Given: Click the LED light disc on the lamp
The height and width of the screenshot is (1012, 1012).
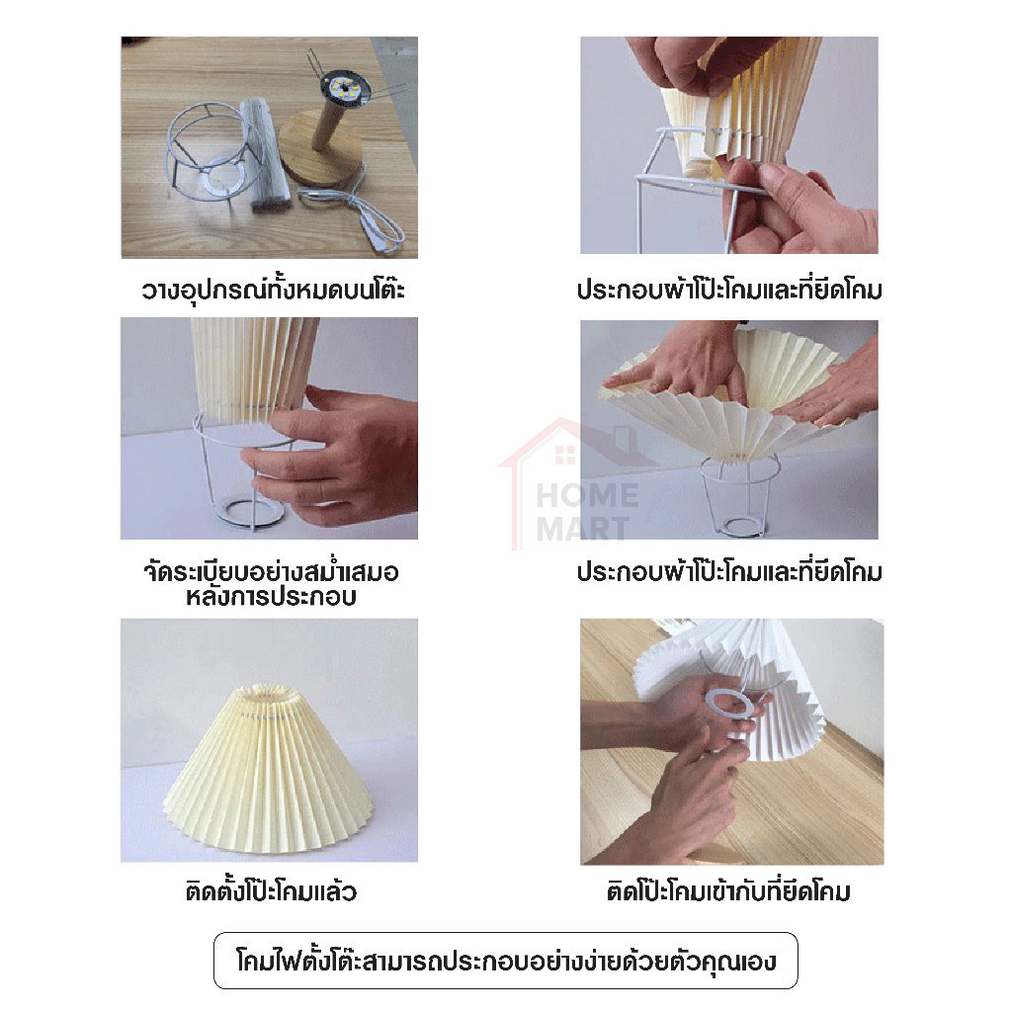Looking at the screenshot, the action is pos(343,88).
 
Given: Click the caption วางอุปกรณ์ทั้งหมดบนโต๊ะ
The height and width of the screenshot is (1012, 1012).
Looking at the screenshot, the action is pos(273,290).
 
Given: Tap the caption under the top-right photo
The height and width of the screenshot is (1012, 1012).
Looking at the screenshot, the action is pos(729,290).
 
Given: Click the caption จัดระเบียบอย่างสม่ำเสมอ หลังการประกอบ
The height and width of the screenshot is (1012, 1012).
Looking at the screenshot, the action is pos(271,584).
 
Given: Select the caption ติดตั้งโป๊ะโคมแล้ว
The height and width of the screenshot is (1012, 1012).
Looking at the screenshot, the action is pos(271,891).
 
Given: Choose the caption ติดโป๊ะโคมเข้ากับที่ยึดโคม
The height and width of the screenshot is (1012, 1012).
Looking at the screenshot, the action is pos(728,891).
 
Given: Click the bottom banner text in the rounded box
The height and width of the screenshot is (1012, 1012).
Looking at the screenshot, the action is pos(506,961).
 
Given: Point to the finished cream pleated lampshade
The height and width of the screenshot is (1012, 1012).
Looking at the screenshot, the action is pos(270,768).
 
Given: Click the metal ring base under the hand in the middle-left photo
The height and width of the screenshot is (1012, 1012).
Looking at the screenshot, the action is pos(250,509).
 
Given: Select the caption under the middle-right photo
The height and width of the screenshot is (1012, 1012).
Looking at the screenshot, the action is pos(729,572).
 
